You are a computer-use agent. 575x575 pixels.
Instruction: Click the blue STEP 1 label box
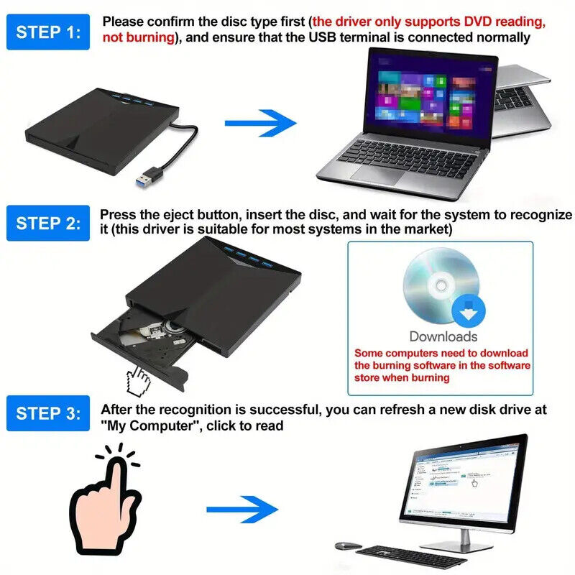click(48, 32)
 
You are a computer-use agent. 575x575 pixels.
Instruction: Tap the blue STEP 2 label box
click(48, 223)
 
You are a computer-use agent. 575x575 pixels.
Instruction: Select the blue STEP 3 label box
click(48, 413)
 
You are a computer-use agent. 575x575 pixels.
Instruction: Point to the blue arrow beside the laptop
click(261, 123)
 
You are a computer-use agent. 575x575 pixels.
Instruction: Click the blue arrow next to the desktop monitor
click(242, 510)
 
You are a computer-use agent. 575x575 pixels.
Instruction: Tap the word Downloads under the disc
click(443, 336)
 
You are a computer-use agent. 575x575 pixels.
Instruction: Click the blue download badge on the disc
click(469, 310)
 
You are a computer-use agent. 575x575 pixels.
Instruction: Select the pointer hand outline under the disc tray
click(138, 382)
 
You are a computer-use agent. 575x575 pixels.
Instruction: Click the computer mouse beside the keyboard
click(349, 546)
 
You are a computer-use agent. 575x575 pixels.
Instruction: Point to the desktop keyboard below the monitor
click(411, 556)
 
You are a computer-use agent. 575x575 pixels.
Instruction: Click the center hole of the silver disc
click(441, 285)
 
